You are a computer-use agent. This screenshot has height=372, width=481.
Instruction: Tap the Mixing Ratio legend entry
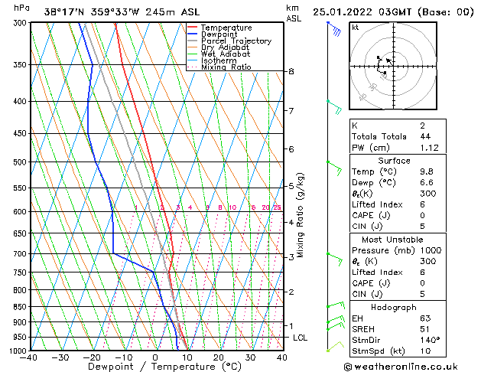point(226,67)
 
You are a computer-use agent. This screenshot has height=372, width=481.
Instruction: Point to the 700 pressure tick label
point(16,253)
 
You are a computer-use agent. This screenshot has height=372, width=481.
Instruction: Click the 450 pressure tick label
point(16,134)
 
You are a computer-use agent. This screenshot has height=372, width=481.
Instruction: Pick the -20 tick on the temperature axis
point(92,357)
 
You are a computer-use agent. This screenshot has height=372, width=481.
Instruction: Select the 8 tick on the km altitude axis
point(291,71)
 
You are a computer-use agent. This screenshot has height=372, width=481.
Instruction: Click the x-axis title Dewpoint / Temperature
point(155,367)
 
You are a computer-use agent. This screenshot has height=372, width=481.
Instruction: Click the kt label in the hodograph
point(356,28)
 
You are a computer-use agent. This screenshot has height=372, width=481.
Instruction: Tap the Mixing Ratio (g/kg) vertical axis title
point(301,214)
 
